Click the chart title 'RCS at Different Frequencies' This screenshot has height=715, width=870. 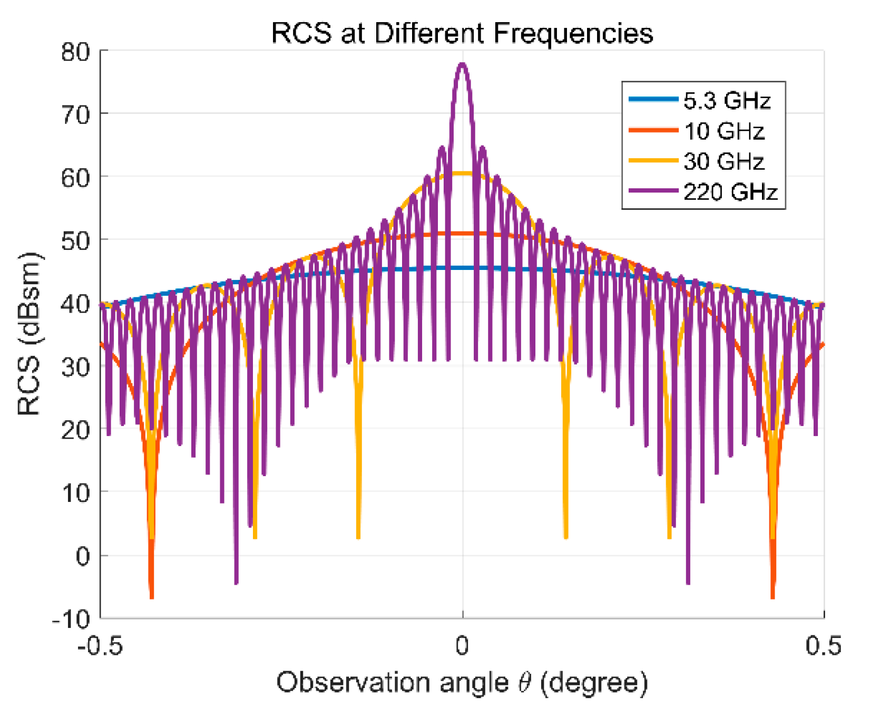click(x=462, y=33)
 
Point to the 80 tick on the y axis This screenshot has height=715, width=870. click(x=76, y=52)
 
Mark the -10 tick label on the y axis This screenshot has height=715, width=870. click(x=72, y=619)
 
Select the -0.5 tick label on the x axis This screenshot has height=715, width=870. click(x=100, y=646)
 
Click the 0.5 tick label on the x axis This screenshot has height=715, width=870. click(x=824, y=646)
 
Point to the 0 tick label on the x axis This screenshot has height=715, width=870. click(x=462, y=646)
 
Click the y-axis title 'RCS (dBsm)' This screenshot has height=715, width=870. click(x=30, y=334)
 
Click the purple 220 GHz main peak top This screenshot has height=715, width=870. click(x=463, y=64)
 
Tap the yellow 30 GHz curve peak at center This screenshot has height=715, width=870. click(x=463, y=173)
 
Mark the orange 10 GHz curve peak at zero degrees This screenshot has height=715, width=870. click(x=463, y=234)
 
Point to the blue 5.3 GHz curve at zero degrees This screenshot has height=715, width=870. click(x=463, y=268)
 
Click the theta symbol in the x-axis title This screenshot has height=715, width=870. click(x=525, y=683)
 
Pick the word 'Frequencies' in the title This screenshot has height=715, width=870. click(x=574, y=33)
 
